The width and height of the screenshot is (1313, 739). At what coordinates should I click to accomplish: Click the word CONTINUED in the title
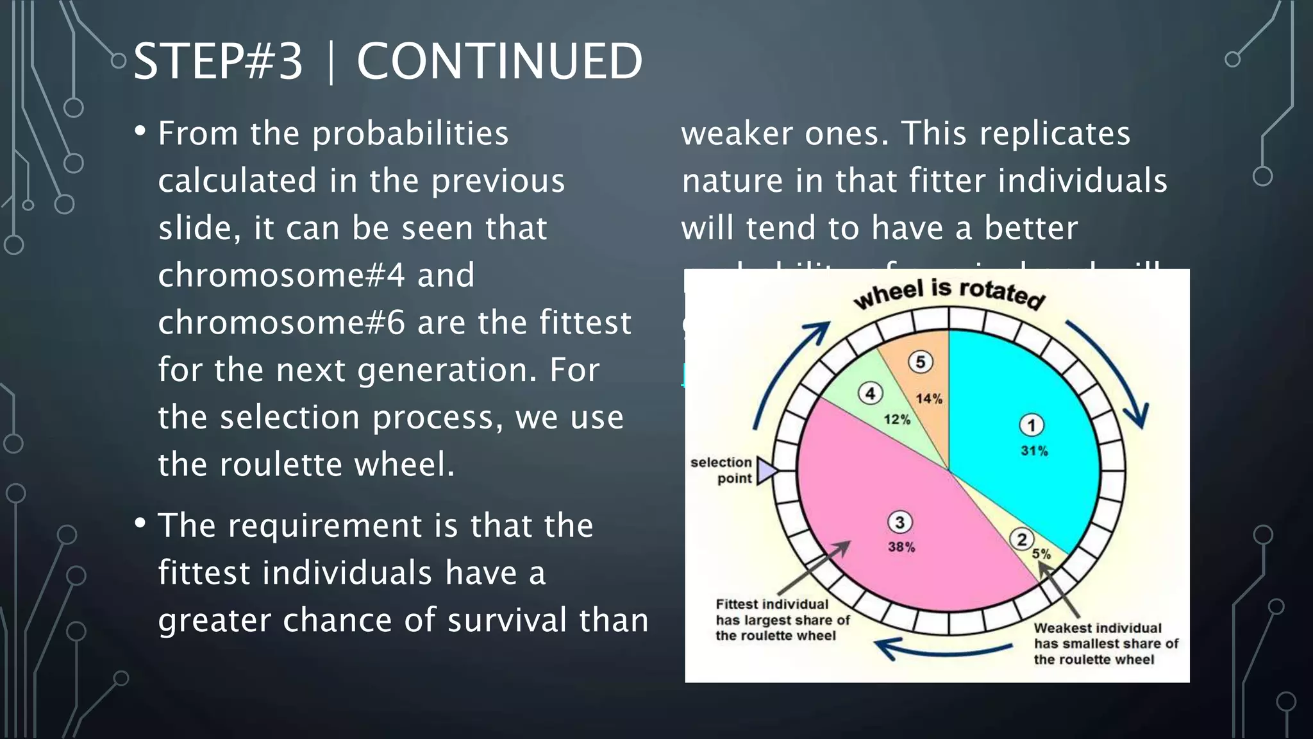(x=499, y=62)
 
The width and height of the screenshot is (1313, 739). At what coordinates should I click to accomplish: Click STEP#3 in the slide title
(x=218, y=62)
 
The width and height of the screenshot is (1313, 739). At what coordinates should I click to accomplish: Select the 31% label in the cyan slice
(x=1034, y=451)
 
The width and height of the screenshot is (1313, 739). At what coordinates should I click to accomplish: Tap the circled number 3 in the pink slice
(x=899, y=522)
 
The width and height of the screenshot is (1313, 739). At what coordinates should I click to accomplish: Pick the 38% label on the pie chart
(x=901, y=547)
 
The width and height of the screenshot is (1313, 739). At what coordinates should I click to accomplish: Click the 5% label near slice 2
(x=1041, y=554)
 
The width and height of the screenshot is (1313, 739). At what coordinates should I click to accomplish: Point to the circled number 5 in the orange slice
(x=920, y=362)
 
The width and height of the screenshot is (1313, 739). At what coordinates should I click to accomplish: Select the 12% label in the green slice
(x=897, y=420)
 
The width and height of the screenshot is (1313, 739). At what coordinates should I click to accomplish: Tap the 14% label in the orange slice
(x=929, y=399)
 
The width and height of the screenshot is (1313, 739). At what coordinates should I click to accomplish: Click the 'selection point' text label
(x=722, y=470)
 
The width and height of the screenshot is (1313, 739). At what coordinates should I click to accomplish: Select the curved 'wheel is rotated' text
(x=949, y=293)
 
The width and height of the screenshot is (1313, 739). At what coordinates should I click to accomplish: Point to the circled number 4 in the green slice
(x=870, y=393)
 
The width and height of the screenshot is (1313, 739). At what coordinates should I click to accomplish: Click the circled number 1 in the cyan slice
(x=1031, y=425)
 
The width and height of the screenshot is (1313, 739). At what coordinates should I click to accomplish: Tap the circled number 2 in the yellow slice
(x=1022, y=539)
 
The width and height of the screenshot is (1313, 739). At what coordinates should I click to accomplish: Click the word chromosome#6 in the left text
(x=281, y=323)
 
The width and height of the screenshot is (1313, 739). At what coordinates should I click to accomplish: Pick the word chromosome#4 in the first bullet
(x=281, y=275)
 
